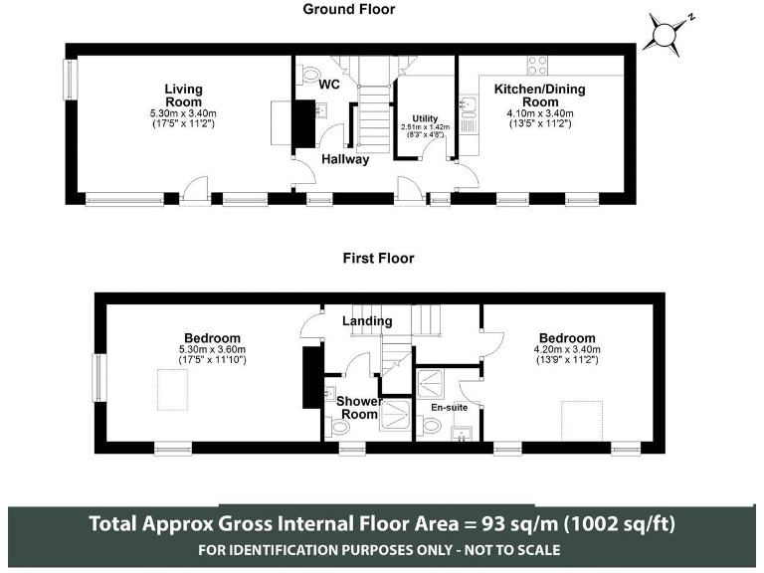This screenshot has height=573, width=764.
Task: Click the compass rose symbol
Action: [x=664, y=34]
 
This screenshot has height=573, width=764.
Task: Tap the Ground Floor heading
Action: [x=349, y=9]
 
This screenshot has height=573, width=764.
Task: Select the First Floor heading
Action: [x=379, y=258]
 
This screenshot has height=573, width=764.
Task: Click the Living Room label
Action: [x=183, y=95]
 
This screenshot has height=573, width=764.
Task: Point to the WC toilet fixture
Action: [x=307, y=76]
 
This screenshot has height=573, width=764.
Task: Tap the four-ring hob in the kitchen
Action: [x=537, y=66]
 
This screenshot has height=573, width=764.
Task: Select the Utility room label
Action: [x=425, y=118]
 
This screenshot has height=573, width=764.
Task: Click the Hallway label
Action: [x=345, y=159]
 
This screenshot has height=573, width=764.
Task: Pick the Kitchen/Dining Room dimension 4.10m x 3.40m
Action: [x=540, y=113]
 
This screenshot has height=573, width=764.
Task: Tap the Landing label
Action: [x=367, y=320]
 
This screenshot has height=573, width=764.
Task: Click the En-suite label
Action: [x=450, y=407]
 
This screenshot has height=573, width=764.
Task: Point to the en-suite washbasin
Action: [x=461, y=434]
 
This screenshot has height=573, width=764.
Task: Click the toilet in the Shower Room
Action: [x=339, y=428]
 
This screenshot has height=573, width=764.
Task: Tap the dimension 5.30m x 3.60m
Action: [x=213, y=349]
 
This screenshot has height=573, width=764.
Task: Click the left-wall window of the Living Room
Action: [x=72, y=80]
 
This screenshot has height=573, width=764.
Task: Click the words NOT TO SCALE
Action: [x=511, y=550]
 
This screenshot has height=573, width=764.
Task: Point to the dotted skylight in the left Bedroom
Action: [x=172, y=389]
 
